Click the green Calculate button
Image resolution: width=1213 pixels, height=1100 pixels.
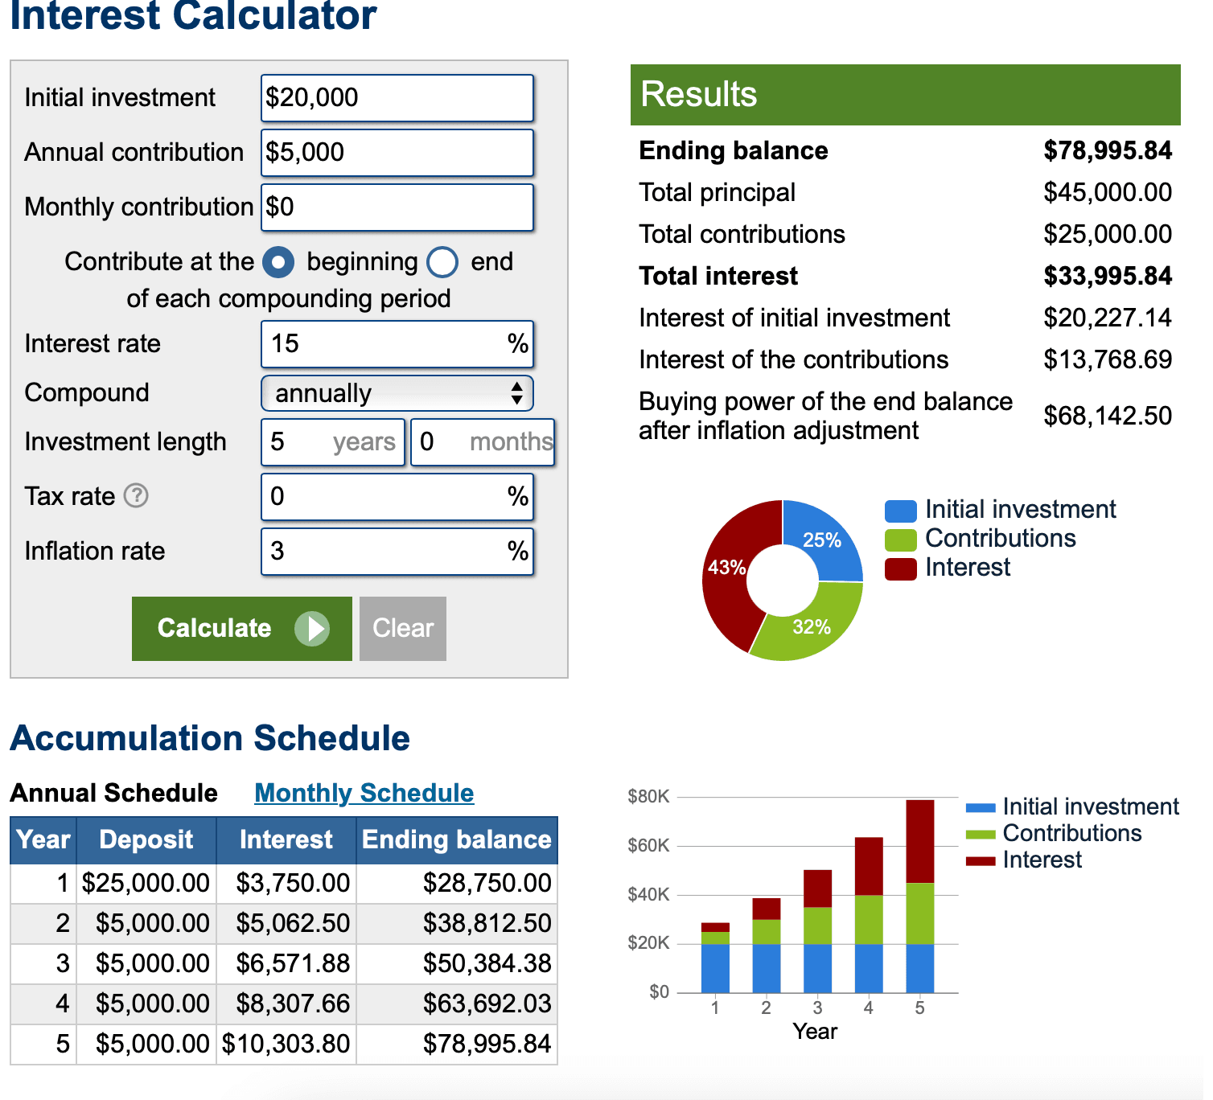pos(241,629)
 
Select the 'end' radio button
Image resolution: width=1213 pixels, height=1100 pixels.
pos(442,262)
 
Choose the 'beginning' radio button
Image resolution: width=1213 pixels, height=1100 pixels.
pos(278,262)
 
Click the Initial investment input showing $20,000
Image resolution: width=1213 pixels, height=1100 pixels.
pos(397,98)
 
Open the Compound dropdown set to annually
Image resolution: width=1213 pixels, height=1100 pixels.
pos(397,393)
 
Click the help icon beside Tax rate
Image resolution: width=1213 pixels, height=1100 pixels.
pos(136,496)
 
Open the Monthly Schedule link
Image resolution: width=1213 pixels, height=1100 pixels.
pos(364,793)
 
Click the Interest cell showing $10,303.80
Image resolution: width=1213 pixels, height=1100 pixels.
pos(286,1044)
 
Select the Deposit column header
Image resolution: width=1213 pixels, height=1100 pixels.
pos(146,840)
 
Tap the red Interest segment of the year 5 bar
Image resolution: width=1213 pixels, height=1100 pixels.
pos(919,840)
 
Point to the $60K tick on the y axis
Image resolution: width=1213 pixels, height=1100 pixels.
pos(648,846)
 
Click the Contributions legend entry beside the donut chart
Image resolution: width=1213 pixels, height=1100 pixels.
pos(1000,539)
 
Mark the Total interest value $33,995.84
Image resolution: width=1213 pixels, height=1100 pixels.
pos(1107,277)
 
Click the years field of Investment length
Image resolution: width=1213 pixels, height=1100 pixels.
pos(332,442)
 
